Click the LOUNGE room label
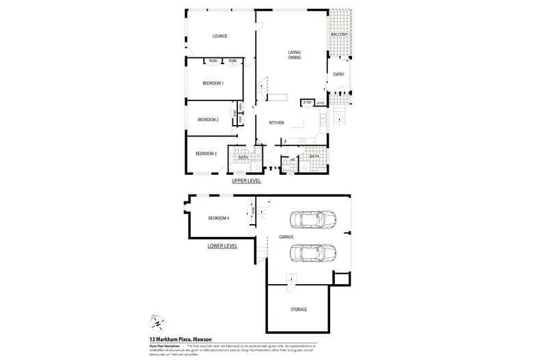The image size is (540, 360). (x=219, y=36)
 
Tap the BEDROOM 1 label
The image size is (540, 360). (x=213, y=83)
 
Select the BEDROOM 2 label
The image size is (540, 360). (x=208, y=120)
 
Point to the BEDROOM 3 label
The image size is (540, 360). (x=206, y=154)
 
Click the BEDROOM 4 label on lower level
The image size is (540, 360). (x=218, y=218)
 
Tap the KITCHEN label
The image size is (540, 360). (x=276, y=123)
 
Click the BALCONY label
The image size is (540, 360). (x=339, y=35)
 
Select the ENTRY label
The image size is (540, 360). (x=338, y=74)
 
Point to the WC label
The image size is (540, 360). (x=292, y=161)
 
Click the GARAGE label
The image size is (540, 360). (x=286, y=237)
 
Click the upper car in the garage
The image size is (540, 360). (x=312, y=219)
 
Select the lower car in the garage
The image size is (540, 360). (x=312, y=253)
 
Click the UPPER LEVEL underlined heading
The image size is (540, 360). (x=246, y=182)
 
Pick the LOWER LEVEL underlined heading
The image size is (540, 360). (x=222, y=245)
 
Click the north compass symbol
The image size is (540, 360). (x=157, y=322)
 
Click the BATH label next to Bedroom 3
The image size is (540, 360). (x=243, y=158)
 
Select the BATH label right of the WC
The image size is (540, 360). (x=314, y=156)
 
